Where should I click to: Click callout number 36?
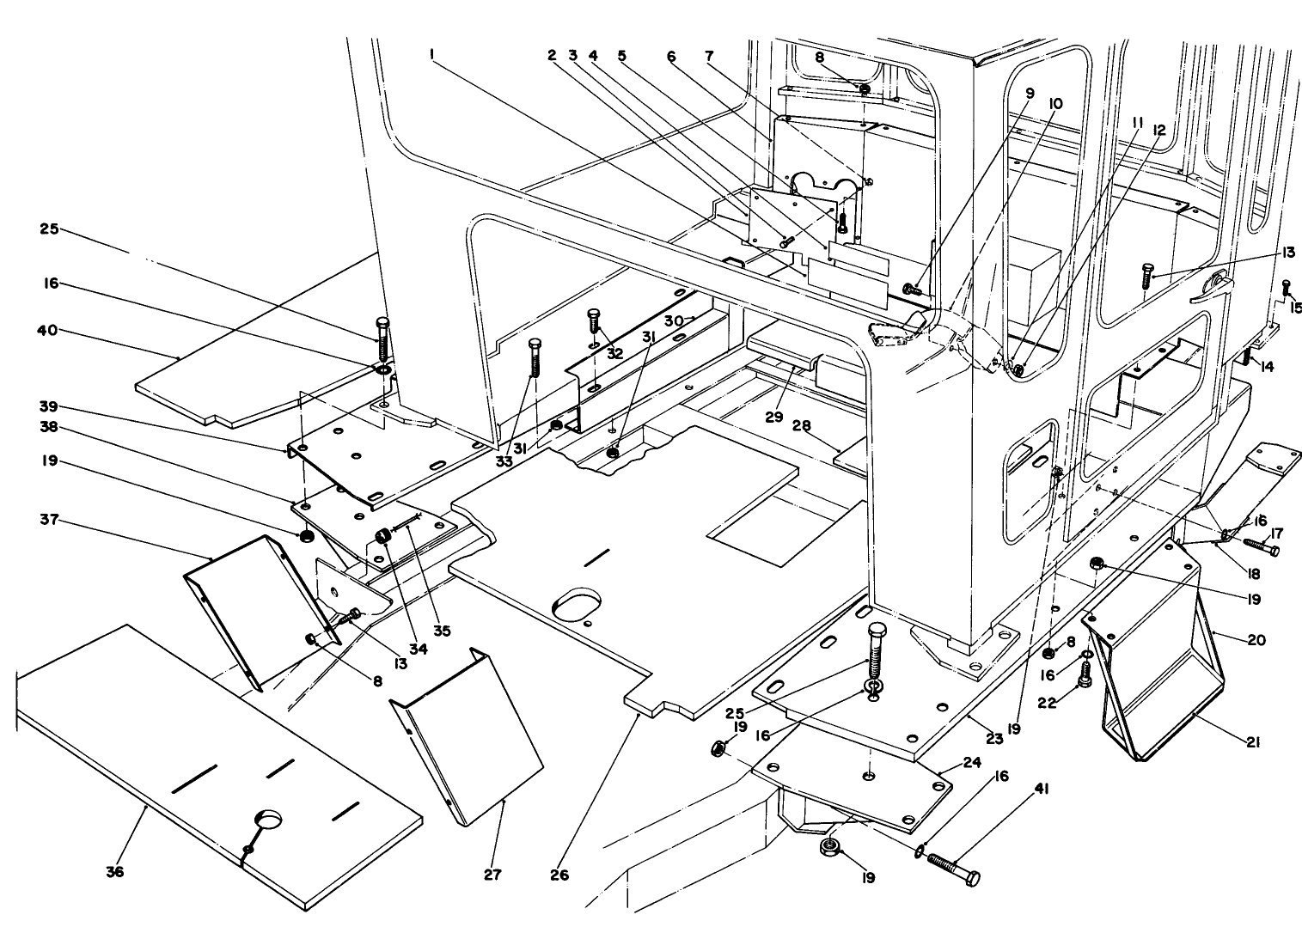click(114, 872)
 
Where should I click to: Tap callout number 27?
click(492, 875)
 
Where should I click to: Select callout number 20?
click(1253, 640)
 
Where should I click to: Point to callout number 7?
click(708, 55)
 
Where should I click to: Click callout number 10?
click(1055, 103)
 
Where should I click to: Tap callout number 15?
click(1295, 308)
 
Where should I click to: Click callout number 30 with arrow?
click(673, 319)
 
